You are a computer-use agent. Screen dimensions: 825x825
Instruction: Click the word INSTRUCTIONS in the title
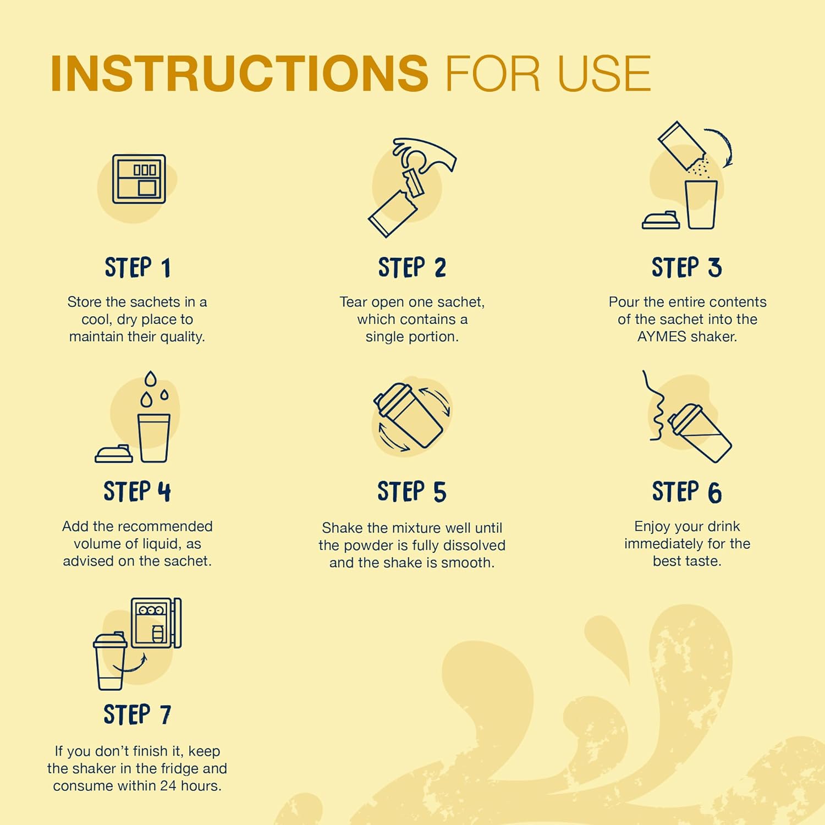tap(239, 73)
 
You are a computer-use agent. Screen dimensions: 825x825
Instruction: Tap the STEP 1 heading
tap(137, 268)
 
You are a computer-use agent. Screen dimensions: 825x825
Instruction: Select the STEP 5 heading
tap(411, 492)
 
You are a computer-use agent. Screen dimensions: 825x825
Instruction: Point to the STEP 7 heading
tap(137, 714)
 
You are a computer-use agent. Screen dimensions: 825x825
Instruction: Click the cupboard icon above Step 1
tap(139, 179)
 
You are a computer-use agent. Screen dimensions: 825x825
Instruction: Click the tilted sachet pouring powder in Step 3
tap(683, 146)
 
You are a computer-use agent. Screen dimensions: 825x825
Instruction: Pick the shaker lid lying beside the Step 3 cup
tap(661, 220)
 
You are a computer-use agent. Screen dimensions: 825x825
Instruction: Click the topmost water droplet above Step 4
tap(150, 380)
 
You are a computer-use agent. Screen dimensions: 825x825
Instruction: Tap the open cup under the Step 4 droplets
tap(154, 438)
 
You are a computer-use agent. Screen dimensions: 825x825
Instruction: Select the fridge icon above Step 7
tap(156, 623)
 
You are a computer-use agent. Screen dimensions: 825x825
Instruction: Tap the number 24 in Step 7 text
tap(168, 786)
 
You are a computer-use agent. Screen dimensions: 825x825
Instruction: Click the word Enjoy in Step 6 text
tap(653, 527)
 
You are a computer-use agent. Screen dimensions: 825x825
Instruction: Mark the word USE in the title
tap(604, 73)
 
